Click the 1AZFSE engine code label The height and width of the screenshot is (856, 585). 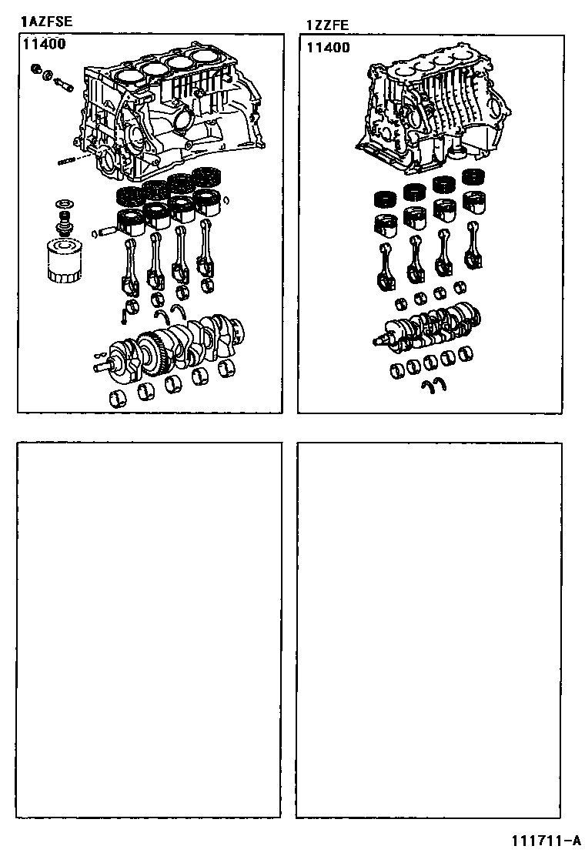[46, 22]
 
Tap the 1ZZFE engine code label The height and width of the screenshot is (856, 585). [327, 25]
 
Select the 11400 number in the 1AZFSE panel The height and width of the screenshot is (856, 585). [44, 44]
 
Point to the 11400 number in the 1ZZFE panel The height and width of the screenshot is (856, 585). [328, 48]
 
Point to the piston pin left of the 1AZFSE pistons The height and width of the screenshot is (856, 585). [105, 231]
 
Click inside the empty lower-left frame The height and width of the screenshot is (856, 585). [149, 630]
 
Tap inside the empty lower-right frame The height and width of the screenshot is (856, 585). [429, 630]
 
